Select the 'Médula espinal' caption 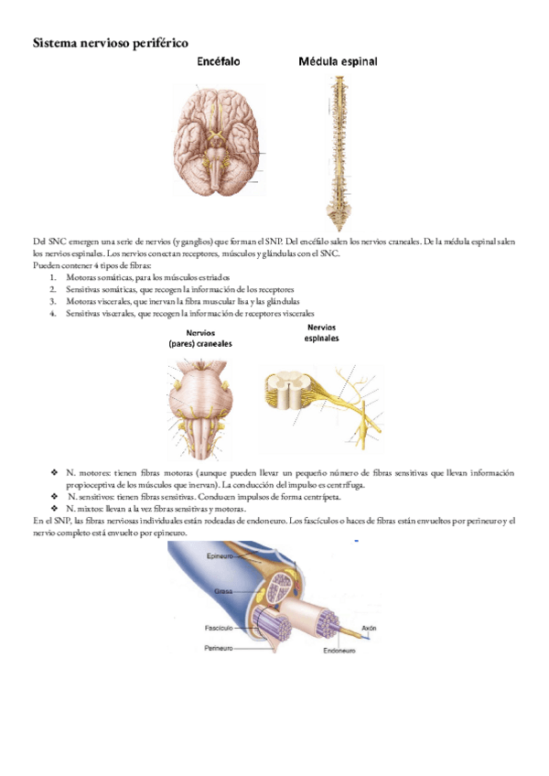[339, 63]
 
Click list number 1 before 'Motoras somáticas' [53, 276]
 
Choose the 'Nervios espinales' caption [321, 332]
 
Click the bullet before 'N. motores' [55, 472]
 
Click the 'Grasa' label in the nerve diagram [222, 592]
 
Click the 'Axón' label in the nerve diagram [369, 629]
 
